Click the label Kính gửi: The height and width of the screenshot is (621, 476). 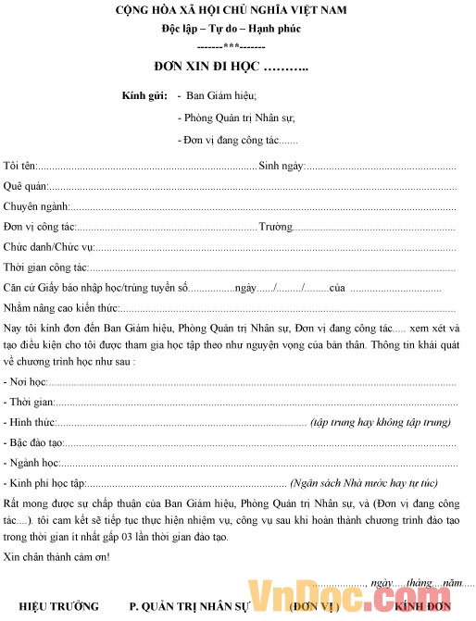[144, 96]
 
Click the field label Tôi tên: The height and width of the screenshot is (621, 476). [20, 166]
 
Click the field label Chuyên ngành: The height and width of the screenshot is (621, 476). [35, 206]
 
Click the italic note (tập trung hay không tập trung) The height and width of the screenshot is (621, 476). [381, 422]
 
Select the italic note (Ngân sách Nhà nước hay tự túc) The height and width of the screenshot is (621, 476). [363, 483]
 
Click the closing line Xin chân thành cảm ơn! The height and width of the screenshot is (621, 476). [56, 556]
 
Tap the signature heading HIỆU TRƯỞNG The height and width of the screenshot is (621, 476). [58, 607]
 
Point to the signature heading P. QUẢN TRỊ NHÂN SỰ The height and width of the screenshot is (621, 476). [190, 607]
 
